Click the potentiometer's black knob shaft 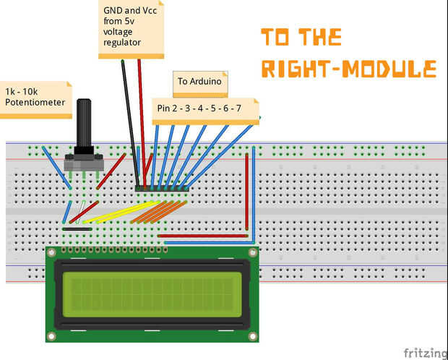point(84,123)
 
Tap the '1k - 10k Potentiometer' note point(35,100)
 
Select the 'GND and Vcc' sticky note point(131,29)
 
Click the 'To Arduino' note point(200,84)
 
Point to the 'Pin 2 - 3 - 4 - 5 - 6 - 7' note point(205,111)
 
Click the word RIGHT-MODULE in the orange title point(349,69)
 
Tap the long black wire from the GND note point(130,124)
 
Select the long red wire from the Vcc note point(142,124)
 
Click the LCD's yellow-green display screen point(152,294)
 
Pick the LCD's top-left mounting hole point(52,253)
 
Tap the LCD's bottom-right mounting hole point(253,336)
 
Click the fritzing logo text point(426,353)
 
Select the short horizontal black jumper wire point(77,229)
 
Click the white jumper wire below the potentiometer point(81,212)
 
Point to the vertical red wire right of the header point(247,192)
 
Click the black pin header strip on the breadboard point(162,188)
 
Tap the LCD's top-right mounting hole point(253,253)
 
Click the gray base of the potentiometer point(84,163)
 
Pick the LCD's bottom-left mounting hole point(52,336)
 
